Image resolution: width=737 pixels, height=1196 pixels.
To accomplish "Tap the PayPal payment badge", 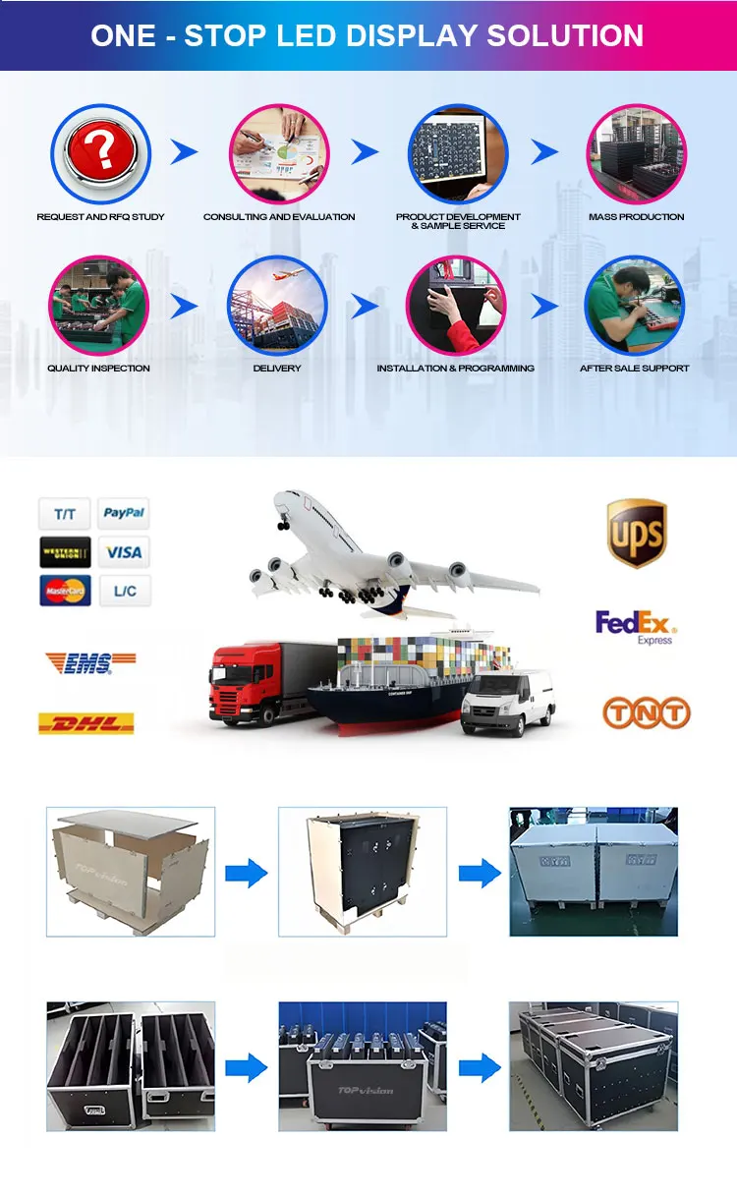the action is click(124, 513).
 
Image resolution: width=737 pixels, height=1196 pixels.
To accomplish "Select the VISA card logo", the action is click(124, 552).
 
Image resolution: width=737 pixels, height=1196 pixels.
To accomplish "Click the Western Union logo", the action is click(65, 552).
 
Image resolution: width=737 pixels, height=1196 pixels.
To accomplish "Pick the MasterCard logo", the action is click(65, 591).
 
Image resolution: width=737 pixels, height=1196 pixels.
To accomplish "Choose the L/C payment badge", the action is click(124, 591).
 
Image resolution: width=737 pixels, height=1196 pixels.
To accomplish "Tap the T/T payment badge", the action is click(65, 513).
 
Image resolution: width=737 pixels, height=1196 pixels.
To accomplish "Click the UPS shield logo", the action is click(637, 533).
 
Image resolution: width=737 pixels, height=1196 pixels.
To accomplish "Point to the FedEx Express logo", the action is click(637, 626).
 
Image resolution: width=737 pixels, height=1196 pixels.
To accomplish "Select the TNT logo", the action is click(647, 713).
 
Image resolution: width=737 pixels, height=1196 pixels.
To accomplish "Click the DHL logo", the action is click(85, 724).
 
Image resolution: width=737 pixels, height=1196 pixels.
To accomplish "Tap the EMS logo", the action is click(90, 663).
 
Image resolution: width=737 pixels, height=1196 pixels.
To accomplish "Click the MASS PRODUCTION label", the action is click(637, 217).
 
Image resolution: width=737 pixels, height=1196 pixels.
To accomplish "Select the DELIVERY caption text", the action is click(277, 369).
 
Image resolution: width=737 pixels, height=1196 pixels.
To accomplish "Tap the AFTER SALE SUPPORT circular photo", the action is click(634, 306).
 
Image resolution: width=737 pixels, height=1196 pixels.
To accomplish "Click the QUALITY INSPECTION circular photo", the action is click(98, 306).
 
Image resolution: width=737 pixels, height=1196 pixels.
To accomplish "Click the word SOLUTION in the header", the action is click(551, 35).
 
